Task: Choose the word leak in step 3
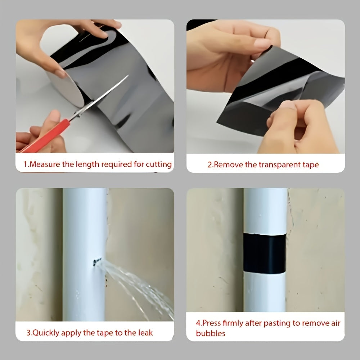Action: point(145,333)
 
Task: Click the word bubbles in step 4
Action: point(211,333)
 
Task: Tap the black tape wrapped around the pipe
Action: point(265,253)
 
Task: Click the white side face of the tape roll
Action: point(67,89)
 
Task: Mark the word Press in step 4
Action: point(211,323)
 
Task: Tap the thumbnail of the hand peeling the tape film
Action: point(265,86)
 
